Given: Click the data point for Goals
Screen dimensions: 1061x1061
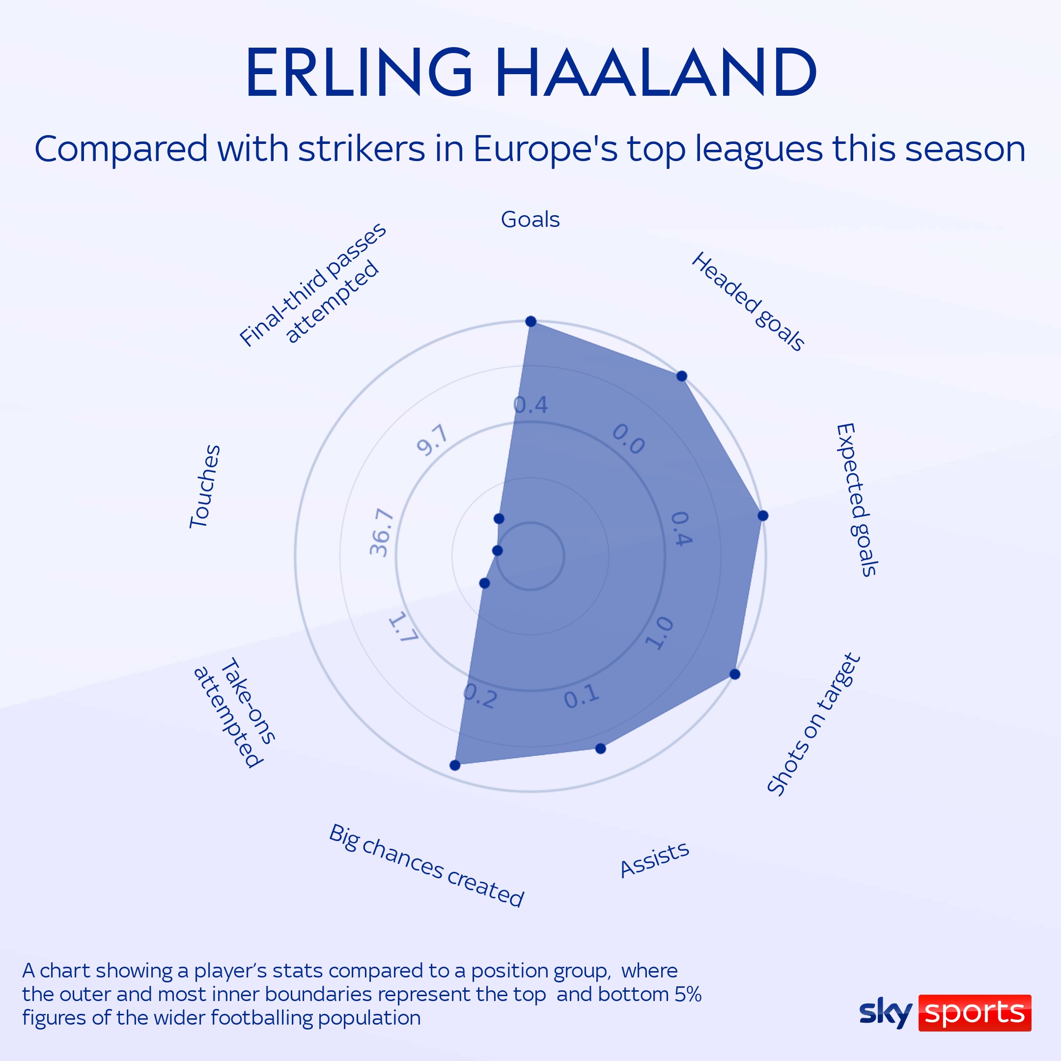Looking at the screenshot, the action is [531, 321].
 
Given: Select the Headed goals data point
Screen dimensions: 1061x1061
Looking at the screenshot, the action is [681, 376].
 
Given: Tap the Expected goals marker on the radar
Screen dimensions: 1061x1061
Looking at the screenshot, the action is [763, 515].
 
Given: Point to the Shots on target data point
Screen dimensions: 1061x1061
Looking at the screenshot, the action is [735, 674].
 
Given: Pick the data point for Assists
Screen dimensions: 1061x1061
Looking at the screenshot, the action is [601, 749].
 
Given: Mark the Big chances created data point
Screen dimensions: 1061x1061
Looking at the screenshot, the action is [455, 765].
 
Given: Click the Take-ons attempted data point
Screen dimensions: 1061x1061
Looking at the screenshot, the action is [484, 583].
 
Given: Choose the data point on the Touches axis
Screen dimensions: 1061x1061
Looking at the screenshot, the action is [498, 550].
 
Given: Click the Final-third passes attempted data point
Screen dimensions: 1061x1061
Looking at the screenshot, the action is [499, 518].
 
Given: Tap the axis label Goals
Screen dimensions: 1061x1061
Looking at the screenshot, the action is [530, 220].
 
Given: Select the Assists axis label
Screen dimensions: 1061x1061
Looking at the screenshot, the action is [654, 860].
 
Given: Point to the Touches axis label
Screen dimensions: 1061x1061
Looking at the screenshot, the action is [205, 487].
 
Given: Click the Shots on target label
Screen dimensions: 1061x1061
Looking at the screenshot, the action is [813, 725].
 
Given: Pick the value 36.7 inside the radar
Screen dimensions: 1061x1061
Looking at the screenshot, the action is [382, 532].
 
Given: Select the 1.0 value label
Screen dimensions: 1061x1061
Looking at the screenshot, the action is [659, 633].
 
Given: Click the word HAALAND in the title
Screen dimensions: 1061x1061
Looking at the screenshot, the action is [657, 73].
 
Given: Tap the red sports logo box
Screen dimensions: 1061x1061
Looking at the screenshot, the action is [975, 1013].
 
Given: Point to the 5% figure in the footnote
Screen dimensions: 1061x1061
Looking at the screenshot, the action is [688, 994].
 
